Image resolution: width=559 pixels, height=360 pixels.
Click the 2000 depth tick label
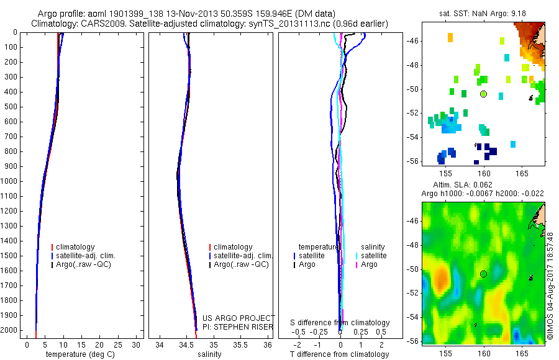9,330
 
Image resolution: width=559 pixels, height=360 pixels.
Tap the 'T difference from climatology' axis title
339,354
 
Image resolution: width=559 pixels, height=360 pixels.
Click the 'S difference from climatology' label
340,323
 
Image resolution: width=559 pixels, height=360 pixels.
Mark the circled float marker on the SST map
483,94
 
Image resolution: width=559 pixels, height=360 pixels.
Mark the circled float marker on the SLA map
483,274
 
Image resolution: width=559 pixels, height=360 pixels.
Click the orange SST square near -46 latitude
450,38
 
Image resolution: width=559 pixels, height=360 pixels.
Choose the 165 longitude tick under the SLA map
522,353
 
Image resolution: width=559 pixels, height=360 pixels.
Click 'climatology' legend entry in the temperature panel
76,247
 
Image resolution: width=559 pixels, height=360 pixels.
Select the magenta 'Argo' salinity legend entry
369,264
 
